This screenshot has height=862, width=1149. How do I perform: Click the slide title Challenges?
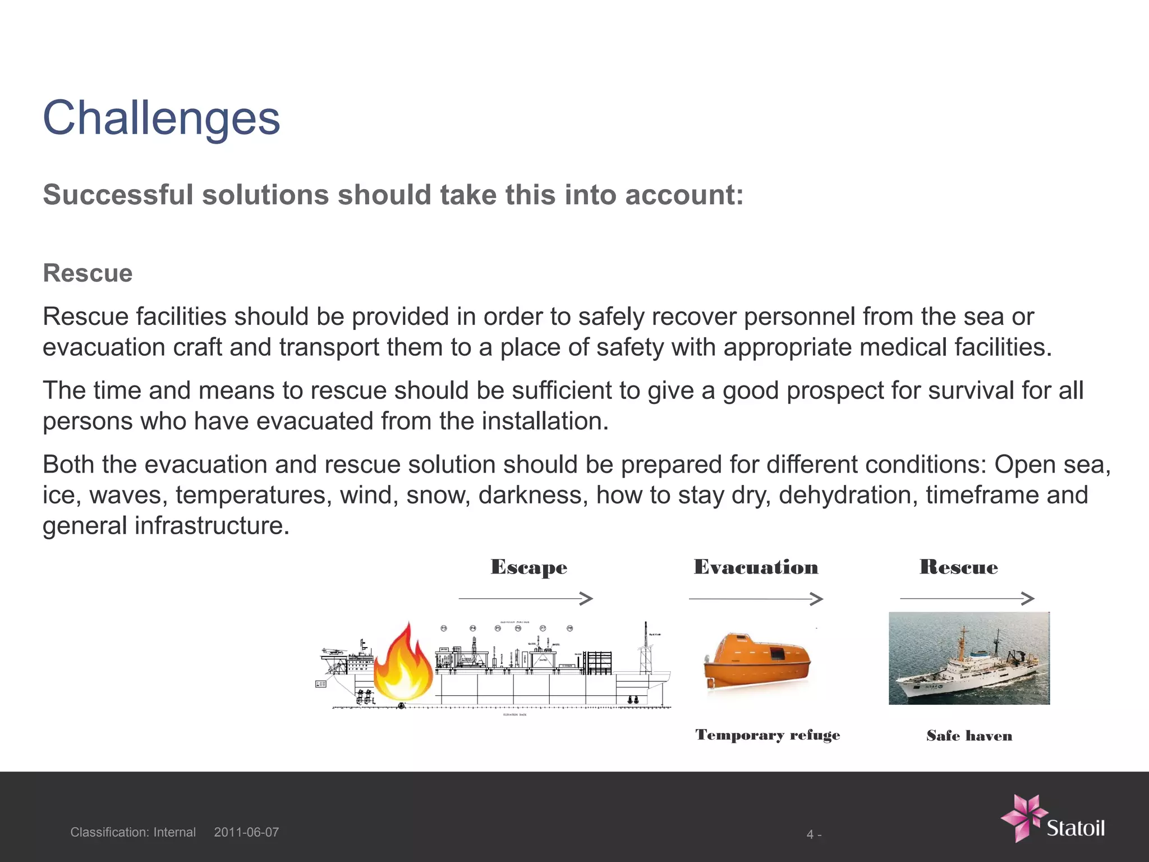point(162,118)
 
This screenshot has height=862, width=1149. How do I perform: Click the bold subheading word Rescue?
point(88,273)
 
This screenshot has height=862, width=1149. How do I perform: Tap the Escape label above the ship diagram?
point(528,567)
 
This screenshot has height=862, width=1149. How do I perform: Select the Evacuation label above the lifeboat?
point(756,567)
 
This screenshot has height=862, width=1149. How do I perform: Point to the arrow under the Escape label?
point(525,599)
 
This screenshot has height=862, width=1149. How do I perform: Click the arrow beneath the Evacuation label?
point(755,599)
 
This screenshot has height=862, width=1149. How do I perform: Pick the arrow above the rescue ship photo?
point(967,598)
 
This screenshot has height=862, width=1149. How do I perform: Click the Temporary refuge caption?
point(767,735)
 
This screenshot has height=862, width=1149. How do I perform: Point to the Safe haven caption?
point(969,736)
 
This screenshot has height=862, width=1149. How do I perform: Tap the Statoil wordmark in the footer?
point(1076,828)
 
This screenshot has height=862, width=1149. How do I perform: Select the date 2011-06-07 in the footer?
point(246,832)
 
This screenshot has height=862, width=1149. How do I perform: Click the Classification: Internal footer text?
point(133,832)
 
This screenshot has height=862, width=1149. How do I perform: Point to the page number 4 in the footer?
point(810,835)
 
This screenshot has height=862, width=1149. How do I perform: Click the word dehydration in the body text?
point(848,495)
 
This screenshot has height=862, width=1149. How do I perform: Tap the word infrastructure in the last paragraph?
point(212,526)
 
